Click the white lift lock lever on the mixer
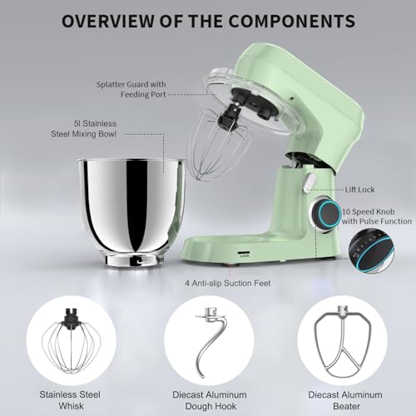point(309,178)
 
